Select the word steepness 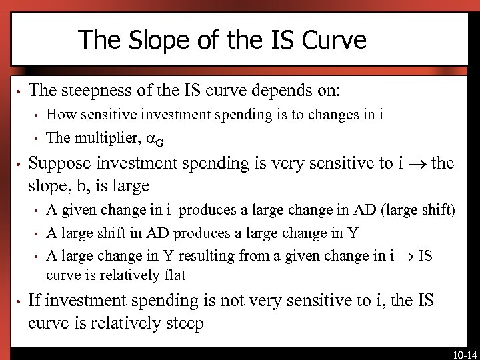pos(101,90)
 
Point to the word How pos(59,115)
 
